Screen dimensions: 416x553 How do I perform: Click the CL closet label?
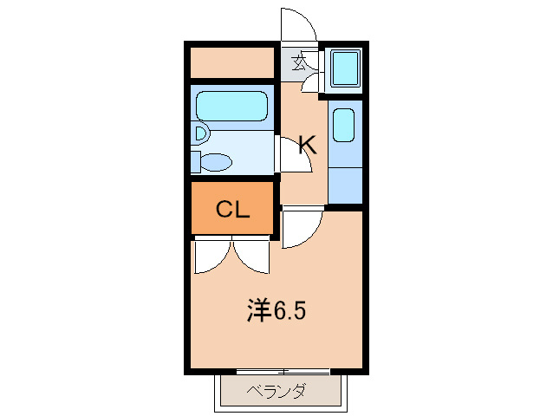tap(232, 209)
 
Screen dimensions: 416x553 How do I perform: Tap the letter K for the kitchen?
tap(306, 146)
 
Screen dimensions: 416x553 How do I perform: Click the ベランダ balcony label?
tap(276, 391)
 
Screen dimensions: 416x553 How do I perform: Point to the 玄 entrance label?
tap(299, 62)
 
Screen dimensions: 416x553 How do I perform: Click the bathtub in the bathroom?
tap(231, 107)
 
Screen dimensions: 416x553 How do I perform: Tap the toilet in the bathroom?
tap(212, 162)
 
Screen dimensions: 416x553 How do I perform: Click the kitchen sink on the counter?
tap(343, 125)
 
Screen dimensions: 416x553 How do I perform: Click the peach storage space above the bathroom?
tap(232, 62)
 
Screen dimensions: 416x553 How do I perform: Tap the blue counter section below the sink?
tap(344, 183)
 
